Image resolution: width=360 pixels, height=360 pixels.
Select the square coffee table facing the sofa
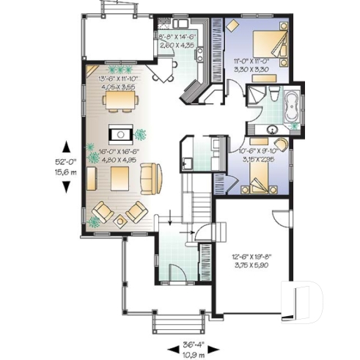tap(120, 177)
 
